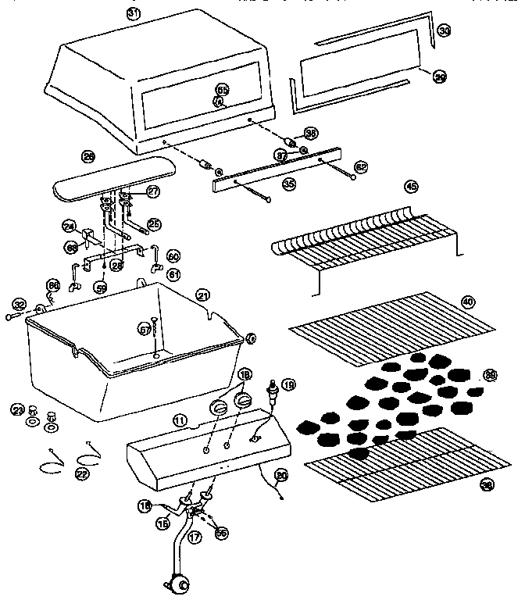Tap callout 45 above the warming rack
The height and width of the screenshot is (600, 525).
point(411,186)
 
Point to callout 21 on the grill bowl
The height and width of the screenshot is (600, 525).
point(203,295)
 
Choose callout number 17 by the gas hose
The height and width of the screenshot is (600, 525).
point(195,537)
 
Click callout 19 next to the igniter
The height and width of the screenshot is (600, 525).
point(289,384)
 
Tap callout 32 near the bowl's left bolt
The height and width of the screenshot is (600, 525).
point(20,304)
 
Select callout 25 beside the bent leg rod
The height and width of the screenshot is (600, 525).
point(154,224)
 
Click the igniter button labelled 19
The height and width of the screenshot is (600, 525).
point(273,389)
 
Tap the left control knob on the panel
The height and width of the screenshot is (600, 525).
point(220,408)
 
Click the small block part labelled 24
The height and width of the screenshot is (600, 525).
point(87,233)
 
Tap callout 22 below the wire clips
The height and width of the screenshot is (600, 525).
point(82,474)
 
